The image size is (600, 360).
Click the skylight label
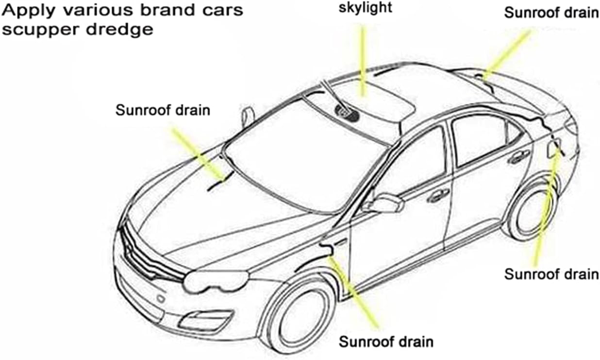pyautogui.click(x=365, y=7)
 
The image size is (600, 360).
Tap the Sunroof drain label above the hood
pyautogui.click(x=163, y=110)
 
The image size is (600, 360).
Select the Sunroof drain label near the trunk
pyautogui.click(x=551, y=13)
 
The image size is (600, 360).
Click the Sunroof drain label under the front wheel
pyautogui.click(x=386, y=342)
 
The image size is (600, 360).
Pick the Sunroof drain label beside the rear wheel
pyautogui.click(x=551, y=274)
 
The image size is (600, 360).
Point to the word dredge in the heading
pyautogui.click(x=120, y=29)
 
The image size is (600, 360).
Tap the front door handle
pyautogui.click(x=438, y=195)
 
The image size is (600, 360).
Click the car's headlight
pyautogui.click(x=216, y=281)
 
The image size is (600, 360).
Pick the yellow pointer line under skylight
pyautogui.click(x=363, y=61)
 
